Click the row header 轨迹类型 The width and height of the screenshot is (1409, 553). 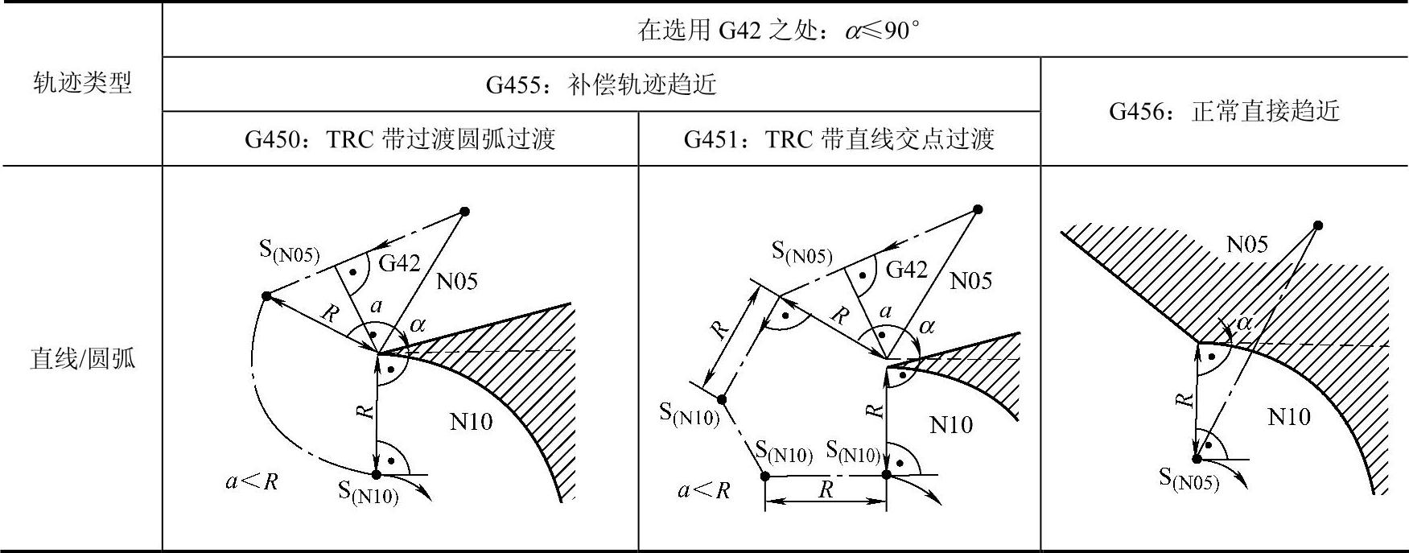click(x=82, y=83)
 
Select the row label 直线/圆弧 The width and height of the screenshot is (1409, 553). click(x=82, y=358)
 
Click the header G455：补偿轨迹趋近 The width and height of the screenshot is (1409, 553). click(x=600, y=85)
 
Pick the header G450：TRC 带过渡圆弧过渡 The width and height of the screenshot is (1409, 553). click(x=400, y=139)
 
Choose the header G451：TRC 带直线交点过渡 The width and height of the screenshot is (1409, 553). click(x=838, y=139)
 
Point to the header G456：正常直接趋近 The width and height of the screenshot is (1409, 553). click(x=1224, y=111)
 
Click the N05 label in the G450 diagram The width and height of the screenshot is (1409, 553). click(x=456, y=281)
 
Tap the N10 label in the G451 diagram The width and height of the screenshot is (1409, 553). click(x=950, y=425)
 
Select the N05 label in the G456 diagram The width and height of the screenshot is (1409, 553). click(x=1246, y=244)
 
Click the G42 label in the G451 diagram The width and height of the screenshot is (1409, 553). click(x=906, y=270)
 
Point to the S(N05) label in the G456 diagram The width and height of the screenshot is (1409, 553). click(x=1189, y=479)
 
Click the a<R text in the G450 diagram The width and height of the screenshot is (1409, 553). click(x=251, y=481)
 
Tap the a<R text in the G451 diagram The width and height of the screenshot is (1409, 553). click(x=703, y=489)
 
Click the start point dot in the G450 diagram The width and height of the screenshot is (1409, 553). click(x=464, y=212)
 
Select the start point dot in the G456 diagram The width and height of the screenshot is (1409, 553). click(x=1317, y=225)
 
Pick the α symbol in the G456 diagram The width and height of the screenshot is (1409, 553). click(x=1244, y=324)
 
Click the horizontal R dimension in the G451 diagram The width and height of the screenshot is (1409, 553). click(x=826, y=489)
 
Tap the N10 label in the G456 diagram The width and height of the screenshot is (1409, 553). click(x=1288, y=416)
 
